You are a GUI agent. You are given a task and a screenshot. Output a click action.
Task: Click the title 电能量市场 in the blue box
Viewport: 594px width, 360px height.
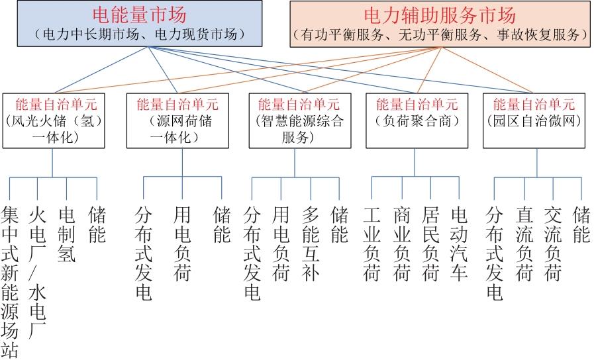140,15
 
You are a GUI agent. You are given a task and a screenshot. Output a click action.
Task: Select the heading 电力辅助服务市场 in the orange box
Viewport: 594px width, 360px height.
440,15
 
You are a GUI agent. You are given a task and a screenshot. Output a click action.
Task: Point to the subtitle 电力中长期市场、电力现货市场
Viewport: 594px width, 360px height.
140,34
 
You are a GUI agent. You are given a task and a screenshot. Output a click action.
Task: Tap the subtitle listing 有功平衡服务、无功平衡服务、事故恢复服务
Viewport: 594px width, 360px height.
440,35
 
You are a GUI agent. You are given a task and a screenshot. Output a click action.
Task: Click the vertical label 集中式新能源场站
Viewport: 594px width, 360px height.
9,282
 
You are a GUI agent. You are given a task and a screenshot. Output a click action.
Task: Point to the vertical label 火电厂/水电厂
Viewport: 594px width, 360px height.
38,272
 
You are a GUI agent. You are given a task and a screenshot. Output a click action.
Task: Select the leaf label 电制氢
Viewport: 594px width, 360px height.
67,234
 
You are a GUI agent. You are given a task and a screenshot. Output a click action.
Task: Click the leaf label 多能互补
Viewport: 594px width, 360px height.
311,244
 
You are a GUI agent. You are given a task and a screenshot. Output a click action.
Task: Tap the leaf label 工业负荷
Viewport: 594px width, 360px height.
371,244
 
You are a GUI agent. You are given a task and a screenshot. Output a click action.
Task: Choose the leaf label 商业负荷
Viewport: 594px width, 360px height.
401,244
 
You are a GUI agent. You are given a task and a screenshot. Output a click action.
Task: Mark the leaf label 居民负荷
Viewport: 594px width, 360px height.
430,244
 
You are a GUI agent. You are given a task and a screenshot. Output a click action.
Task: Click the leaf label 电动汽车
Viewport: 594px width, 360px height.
459,244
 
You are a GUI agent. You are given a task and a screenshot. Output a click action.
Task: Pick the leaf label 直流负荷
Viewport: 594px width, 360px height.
524,244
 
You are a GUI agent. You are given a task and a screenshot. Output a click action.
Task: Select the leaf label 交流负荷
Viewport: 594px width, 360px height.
553,244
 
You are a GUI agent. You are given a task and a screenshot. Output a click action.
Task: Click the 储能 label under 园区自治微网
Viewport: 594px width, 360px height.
581,224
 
